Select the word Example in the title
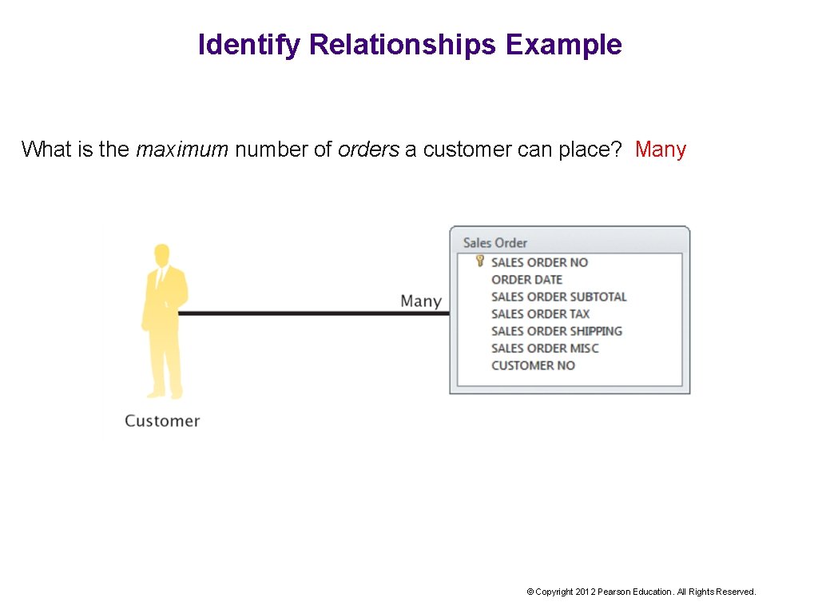tap(563, 45)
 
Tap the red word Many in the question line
tap(661, 150)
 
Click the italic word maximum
tap(182, 150)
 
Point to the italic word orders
tap(368, 150)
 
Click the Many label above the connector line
tap(421, 301)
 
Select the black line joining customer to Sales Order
tap(312, 313)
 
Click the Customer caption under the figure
tap(162, 421)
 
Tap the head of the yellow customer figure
tap(162, 255)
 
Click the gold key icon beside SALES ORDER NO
tap(479, 261)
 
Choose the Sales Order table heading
tap(495, 242)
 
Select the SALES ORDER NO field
tap(539, 262)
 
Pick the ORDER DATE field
tap(527, 279)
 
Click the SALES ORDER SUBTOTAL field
tap(559, 297)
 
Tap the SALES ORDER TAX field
tap(541, 313)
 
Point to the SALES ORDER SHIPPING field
tap(557, 331)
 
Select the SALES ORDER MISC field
tap(545, 348)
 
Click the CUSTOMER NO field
tap(533, 365)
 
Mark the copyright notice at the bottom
tap(641, 592)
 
